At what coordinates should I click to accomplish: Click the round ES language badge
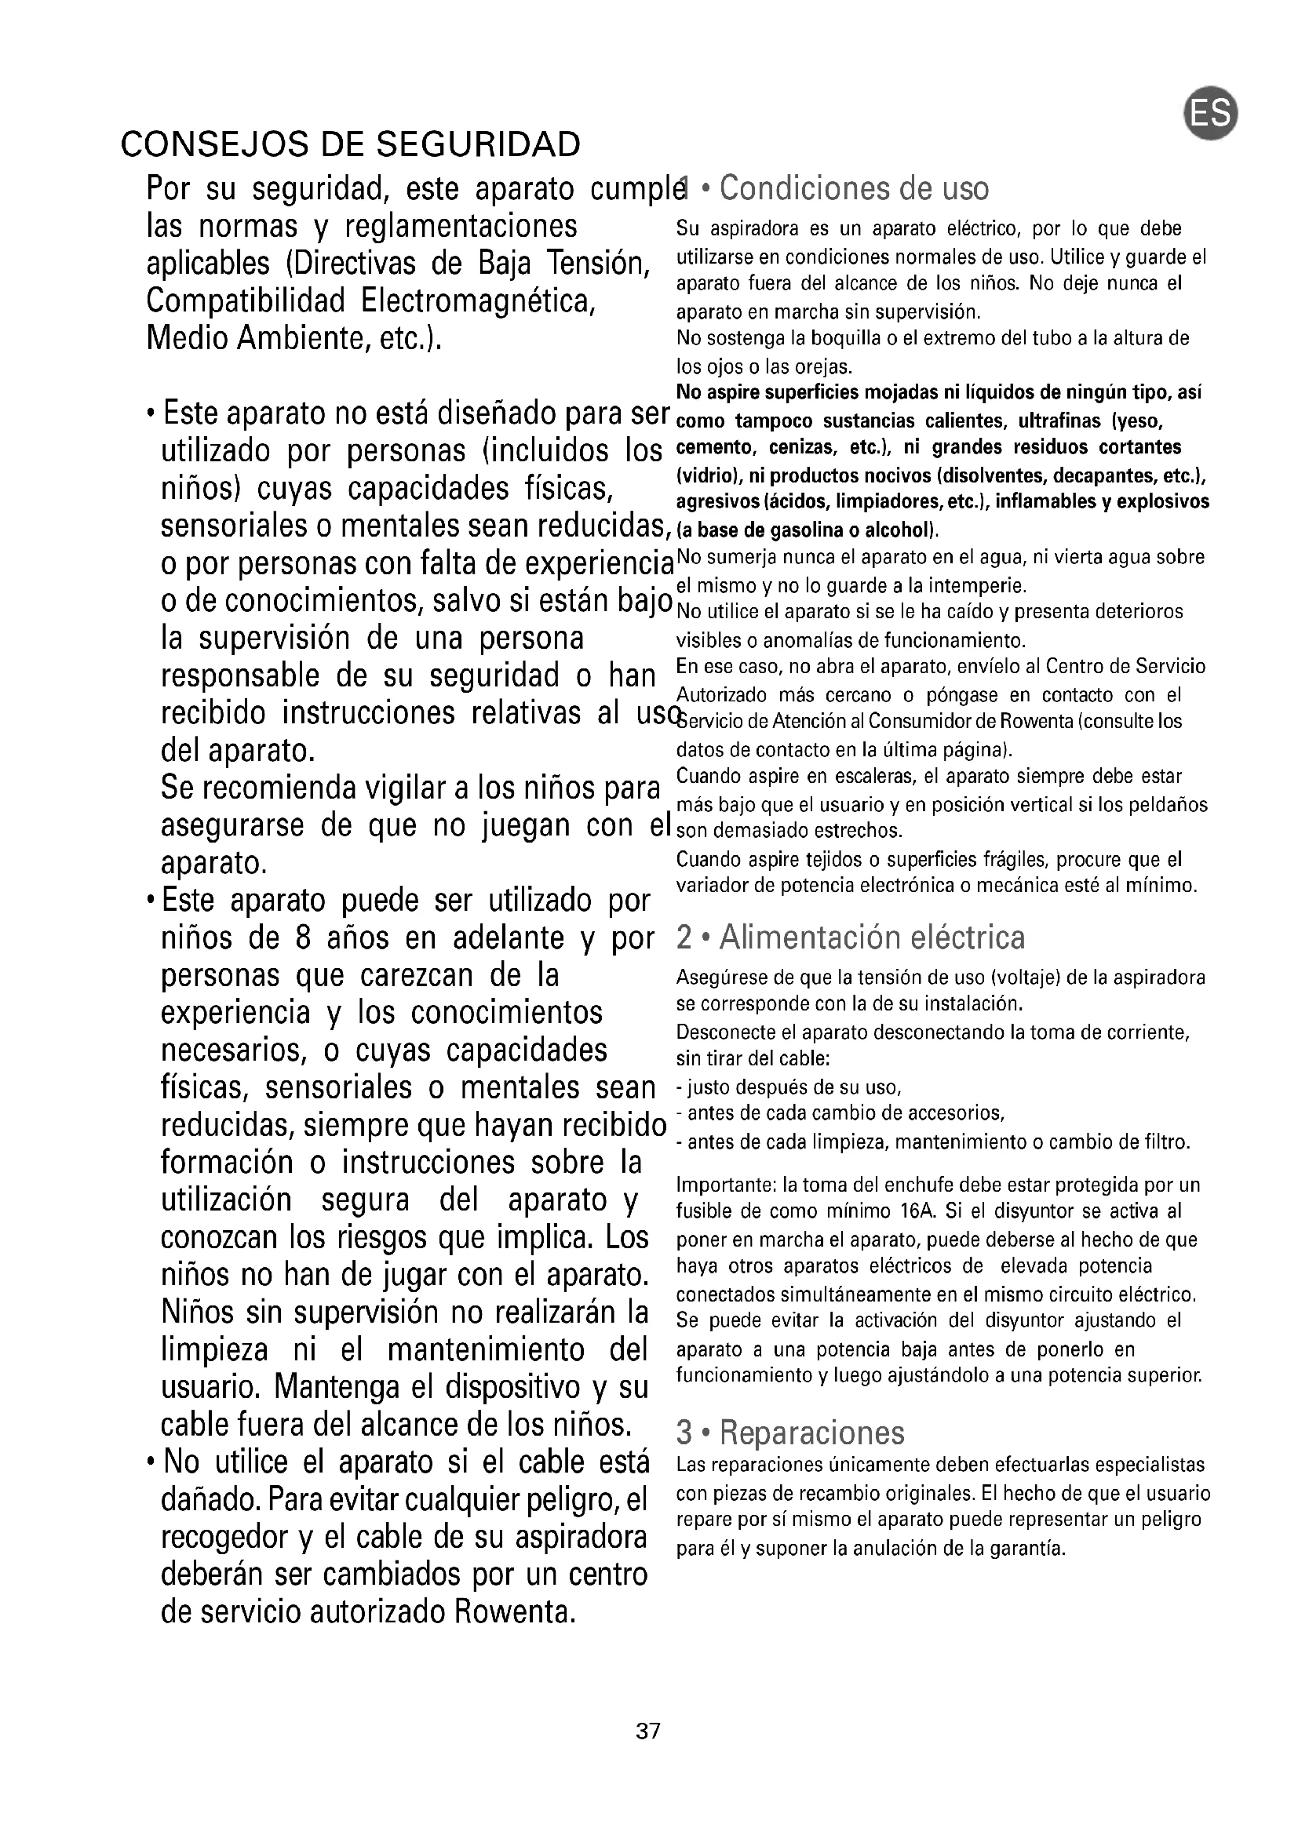pos(1210,115)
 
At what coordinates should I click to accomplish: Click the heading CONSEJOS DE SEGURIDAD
pos(350,144)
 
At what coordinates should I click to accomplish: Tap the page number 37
pos(648,1731)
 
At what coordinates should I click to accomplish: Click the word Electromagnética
pos(477,301)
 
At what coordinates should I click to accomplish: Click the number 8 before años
pos(302,938)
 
